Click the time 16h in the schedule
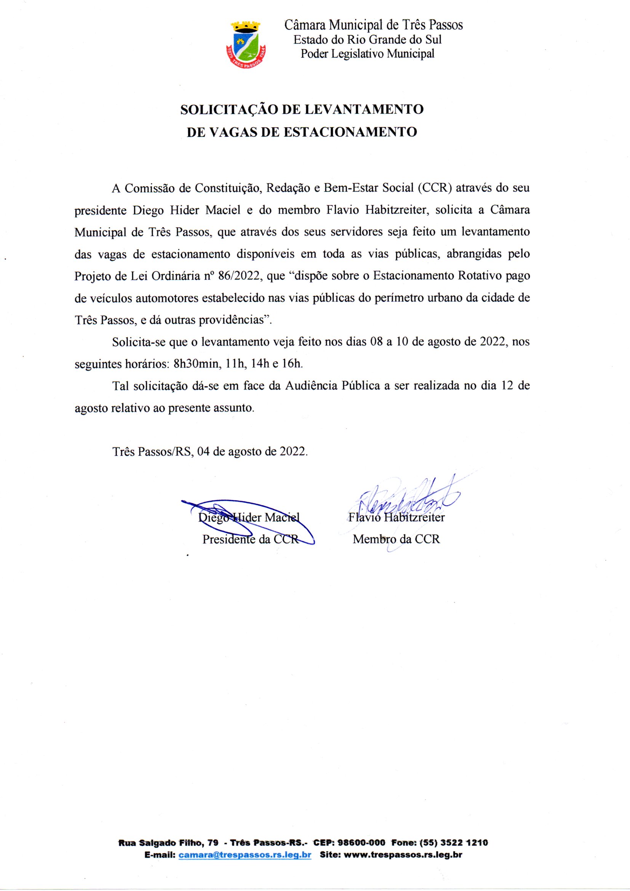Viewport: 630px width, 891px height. tap(292, 364)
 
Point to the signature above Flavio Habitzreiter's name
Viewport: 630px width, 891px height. tap(403, 501)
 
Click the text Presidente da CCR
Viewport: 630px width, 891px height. tap(251, 539)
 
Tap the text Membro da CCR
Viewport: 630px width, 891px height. tap(396, 539)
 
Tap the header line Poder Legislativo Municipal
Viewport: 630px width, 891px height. tap(367, 54)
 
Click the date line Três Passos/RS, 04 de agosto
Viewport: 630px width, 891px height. tap(210, 452)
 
